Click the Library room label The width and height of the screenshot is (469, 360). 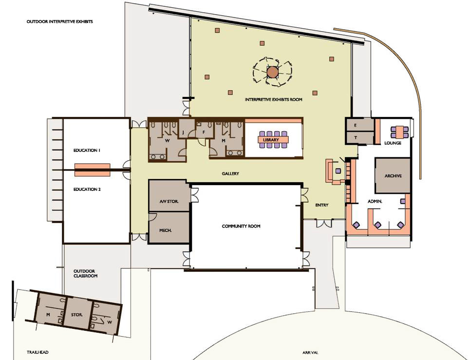[271, 140]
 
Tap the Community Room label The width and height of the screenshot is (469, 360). [241, 226]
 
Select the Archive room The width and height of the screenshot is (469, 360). [393, 175]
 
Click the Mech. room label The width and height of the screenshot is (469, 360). [166, 230]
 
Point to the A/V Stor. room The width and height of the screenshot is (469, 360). [169, 196]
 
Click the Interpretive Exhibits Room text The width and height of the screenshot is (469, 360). [273, 99]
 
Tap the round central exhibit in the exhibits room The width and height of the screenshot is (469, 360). [272, 72]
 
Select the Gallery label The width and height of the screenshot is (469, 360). [230, 173]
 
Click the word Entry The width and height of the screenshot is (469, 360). [322, 205]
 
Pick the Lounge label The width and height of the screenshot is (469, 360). [393, 143]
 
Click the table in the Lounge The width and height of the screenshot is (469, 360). [400, 132]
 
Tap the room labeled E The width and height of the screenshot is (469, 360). [360, 125]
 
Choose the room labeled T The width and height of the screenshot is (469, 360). [360, 138]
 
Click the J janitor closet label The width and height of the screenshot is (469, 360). [183, 132]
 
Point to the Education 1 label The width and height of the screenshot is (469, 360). [87, 150]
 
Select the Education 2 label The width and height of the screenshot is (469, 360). [87, 189]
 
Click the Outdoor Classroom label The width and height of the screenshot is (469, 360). [86, 273]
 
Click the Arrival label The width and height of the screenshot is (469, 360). [310, 353]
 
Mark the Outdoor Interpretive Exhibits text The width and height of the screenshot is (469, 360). [60, 21]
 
